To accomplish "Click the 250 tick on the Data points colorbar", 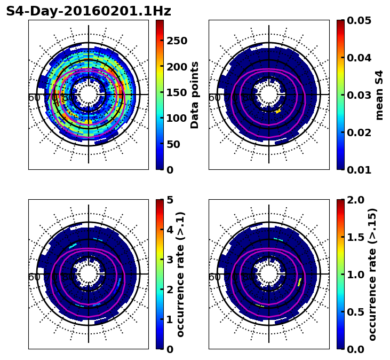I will pyautogui.click(x=177, y=41).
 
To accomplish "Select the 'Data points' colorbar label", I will pyautogui.click(x=195, y=95).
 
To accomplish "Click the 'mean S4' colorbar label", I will pyautogui.click(x=379, y=95).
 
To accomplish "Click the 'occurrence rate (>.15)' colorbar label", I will pyautogui.click(x=372, y=274).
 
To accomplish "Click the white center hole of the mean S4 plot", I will pyautogui.click(x=269, y=95).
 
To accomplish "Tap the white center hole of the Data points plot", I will pyautogui.click(x=89, y=95).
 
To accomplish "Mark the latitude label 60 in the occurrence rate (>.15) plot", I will pyautogui.click(x=214, y=277).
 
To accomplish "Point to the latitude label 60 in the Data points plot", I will pyautogui.click(x=34, y=97).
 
